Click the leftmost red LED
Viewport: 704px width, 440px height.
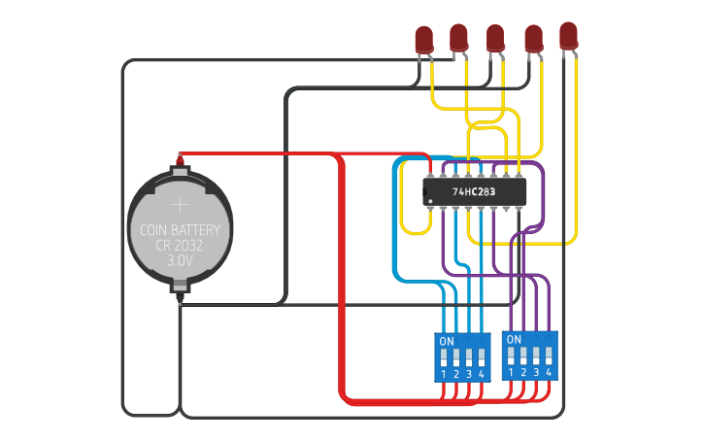click(423, 40)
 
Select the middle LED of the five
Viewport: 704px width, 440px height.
click(495, 38)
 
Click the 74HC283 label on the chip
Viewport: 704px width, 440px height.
click(474, 192)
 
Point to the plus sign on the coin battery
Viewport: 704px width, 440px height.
click(181, 205)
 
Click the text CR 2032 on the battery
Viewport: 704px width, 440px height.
click(181, 246)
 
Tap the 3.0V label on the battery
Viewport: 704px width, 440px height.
click(181, 261)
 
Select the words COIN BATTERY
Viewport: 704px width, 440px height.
click(181, 231)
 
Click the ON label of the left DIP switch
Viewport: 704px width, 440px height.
click(447, 342)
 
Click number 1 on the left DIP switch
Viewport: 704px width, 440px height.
click(444, 375)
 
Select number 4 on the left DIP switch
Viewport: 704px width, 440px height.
click(481, 375)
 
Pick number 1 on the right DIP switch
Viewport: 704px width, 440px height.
click(511, 373)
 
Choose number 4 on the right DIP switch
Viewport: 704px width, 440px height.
click(549, 373)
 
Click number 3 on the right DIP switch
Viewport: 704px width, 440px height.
click(536, 373)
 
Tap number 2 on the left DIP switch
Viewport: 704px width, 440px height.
click(456, 375)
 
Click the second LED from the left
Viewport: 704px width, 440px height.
click(459, 38)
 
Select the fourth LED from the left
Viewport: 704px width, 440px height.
click(533, 38)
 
